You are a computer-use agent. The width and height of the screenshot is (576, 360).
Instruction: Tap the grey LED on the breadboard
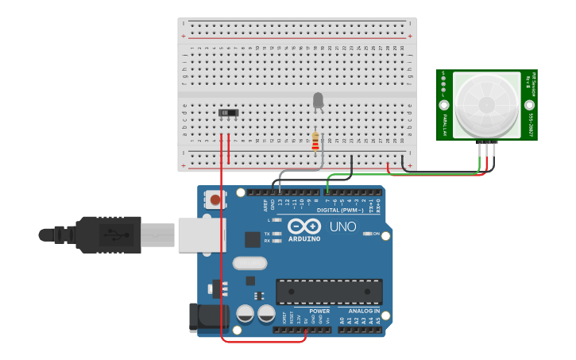[318, 100]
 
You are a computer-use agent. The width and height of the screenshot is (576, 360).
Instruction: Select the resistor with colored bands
[315, 141]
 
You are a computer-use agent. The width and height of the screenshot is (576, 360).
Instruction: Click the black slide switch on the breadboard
[229, 113]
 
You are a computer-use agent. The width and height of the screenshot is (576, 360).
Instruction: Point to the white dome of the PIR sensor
[485, 104]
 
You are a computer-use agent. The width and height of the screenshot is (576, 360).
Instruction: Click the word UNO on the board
[342, 227]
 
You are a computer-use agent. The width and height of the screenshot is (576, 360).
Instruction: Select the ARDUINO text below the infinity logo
[303, 238]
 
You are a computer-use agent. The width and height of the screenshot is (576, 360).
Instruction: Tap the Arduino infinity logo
[303, 226]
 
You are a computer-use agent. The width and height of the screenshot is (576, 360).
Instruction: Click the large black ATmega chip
[329, 292]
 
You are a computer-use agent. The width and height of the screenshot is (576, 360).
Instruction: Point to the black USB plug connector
[107, 234]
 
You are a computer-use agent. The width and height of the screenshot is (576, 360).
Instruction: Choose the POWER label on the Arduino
[319, 311]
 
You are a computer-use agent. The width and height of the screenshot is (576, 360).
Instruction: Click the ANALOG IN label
[364, 311]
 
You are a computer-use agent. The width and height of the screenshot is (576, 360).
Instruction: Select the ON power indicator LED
[369, 234]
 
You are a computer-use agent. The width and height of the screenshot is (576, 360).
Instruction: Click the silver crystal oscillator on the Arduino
[250, 263]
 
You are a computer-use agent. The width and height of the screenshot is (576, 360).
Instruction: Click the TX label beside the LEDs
[267, 233]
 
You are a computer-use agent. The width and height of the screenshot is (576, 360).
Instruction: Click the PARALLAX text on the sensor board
[444, 126]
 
